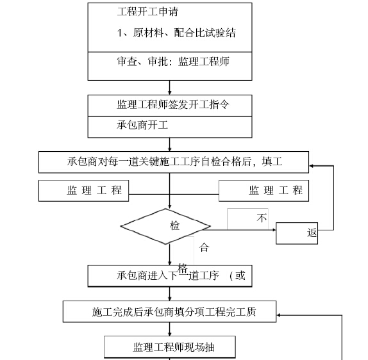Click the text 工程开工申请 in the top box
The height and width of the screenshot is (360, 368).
147,12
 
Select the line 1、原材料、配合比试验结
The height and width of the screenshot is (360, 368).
176,33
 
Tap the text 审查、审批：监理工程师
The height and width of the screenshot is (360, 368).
173,61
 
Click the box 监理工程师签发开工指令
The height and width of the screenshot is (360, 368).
170,106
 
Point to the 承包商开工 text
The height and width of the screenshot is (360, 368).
142,125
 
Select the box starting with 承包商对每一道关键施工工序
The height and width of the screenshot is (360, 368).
174,162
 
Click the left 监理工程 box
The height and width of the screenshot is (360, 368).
83,191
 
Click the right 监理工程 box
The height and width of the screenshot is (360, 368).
263,191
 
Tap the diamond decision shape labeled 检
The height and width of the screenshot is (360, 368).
165,226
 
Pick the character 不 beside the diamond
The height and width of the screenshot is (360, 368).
262,218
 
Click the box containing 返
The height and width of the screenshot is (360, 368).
297,233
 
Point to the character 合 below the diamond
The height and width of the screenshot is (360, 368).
204,247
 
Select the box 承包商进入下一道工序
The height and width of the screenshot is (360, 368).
170,276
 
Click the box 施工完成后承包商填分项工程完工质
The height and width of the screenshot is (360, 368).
169,311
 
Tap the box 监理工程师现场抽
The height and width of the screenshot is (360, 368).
170,347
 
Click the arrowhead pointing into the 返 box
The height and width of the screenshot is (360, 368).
274,230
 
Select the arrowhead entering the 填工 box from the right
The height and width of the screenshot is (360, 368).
311,166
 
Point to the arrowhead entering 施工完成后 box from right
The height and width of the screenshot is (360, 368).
279,315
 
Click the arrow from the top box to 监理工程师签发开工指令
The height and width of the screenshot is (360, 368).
170,88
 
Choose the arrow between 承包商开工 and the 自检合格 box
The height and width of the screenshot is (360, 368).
170,145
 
